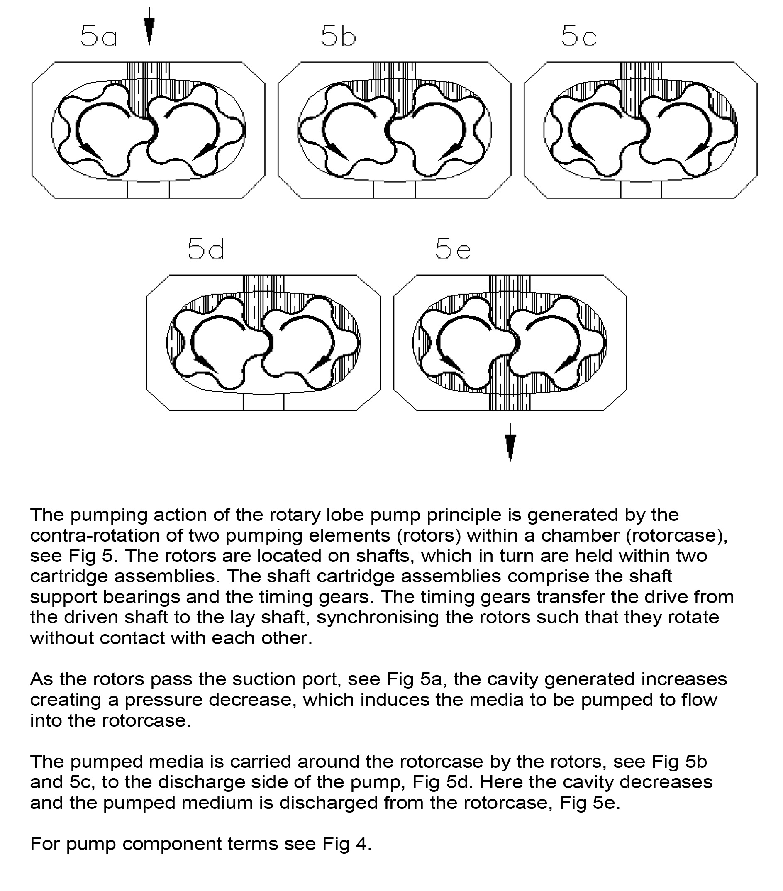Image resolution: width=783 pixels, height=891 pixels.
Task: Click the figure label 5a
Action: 98,36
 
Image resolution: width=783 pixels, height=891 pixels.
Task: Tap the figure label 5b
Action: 338,36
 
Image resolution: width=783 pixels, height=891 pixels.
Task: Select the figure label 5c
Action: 578,36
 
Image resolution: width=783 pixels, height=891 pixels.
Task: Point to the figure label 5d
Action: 206,249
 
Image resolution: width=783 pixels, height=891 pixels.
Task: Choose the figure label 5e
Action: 453,249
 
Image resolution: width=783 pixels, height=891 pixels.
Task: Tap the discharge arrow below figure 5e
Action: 510,443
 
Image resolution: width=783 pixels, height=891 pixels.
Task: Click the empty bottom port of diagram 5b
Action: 394,190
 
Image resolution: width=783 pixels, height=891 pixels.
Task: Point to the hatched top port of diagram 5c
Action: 641,72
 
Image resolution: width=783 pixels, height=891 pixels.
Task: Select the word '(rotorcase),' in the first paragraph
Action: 676,535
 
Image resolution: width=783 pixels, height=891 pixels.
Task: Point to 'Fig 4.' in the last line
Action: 346,844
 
